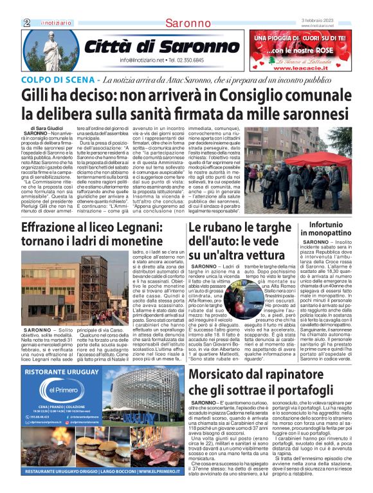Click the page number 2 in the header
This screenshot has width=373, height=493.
click(26, 23)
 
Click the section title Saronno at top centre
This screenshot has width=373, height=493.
click(187, 24)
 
